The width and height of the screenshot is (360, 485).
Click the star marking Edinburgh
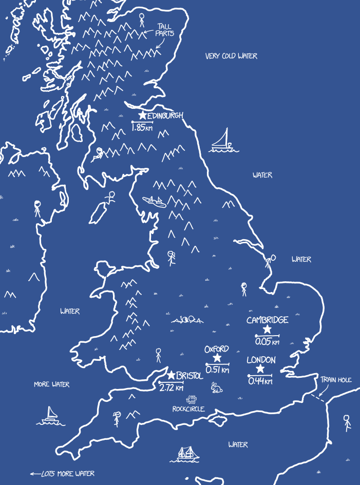(142, 116)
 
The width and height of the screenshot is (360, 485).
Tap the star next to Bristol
(171, 376)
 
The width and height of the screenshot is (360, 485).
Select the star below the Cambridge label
(267, 329)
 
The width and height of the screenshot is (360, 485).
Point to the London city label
(261, 360)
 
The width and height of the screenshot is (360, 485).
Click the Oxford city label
(216, 349)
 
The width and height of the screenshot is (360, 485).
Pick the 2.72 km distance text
(171, 388)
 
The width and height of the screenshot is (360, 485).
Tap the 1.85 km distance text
(142, 128)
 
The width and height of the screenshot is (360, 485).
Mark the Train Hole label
(336, 380)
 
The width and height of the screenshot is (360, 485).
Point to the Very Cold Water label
(231, 56)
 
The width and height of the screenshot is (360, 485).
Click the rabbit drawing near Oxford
(217, 388)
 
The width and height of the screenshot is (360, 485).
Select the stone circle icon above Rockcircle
(192, 399)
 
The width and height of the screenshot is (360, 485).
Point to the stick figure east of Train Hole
(347, 422)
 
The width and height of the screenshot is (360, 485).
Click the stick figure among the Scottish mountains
(142, 20)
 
